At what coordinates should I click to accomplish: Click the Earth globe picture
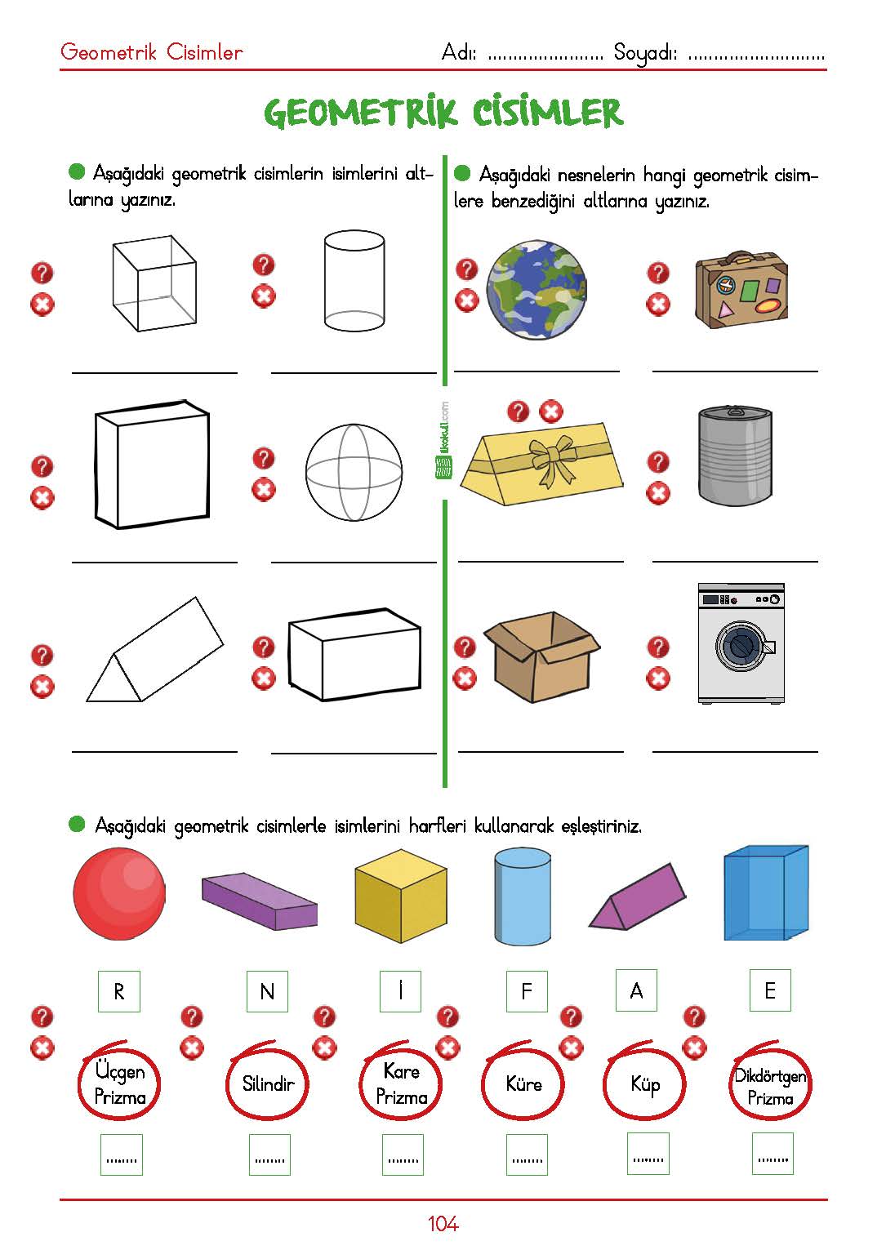[536, 290]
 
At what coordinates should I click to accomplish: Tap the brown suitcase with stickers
[741, 290]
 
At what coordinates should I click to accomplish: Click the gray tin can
[735, 456]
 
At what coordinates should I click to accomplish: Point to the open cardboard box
[541, 656]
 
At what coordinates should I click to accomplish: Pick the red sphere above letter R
[120, 894]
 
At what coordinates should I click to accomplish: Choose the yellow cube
[401, 896]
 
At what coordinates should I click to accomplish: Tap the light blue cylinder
[523, 897]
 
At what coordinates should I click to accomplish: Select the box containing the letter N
[268, 991]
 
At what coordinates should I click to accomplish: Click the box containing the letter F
[526, 991]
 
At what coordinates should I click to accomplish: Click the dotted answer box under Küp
[648, 1154]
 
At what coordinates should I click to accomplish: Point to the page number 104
[443, 1224]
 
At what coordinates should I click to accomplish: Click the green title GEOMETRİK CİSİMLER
[443, 112]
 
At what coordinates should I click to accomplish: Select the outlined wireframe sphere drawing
[354, 472]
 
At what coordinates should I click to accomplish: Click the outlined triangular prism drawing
[154, 650]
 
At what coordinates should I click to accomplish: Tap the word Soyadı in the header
[645, 53]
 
